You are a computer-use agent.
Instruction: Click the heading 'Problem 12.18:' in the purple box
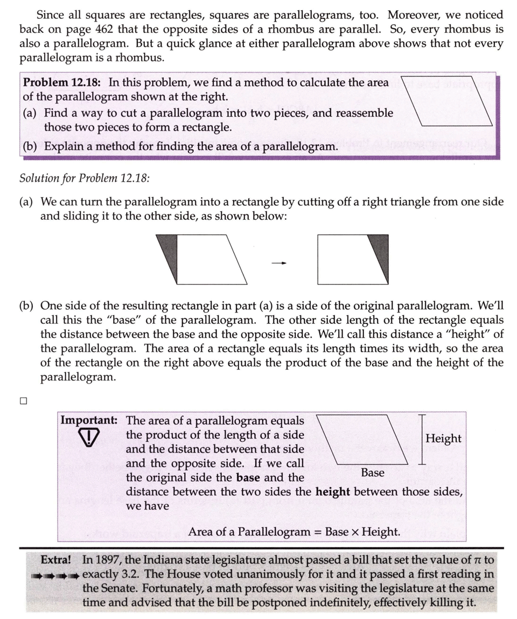pyautogui.click(x=64, y=83)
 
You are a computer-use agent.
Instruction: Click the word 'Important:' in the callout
pyautogui.click(x=89, y=420)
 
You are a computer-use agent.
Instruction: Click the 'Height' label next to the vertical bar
pyautogui.click(x=443, y=439)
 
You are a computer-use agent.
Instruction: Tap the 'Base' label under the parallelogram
pyautogui.click(x=373, y=472)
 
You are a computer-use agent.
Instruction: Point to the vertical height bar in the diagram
pyautogui.click(x=422, y=440)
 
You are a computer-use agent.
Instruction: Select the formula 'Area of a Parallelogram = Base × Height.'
pyautogui.click(x=294, y=532)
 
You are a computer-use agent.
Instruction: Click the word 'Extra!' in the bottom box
pyautogui.click(x=56, y=559)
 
